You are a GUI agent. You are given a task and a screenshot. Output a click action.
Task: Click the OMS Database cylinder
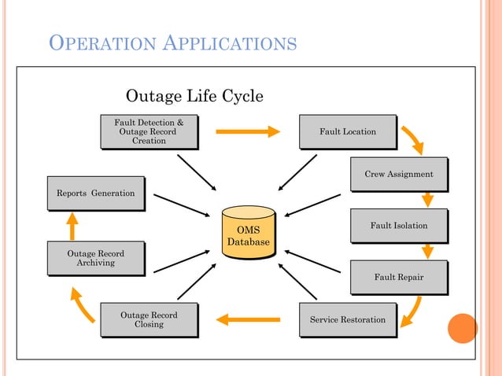(x=249, y=232)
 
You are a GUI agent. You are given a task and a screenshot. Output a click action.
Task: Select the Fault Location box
(x=347, y=131)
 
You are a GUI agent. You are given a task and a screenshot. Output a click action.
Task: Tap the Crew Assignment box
(x=398, y=174)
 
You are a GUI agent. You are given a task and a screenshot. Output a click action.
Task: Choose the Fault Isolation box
(x=398, y=226)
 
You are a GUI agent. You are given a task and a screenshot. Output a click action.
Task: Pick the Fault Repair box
(x=398, y=278)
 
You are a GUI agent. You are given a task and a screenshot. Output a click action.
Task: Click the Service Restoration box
(x=347, y=320)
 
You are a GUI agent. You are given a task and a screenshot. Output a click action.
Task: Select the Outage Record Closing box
(x=149, y=320)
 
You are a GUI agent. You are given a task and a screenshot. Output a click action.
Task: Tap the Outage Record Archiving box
(x=95, y=258)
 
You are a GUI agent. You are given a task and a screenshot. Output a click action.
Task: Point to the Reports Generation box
(x=95, y=194)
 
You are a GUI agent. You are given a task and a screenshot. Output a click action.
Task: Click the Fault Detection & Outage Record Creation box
(x=149, y=131)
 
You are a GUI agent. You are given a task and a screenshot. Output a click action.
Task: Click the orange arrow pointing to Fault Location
(x=247, y=131)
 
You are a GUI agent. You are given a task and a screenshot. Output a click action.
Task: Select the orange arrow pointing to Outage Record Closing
(x=248, y=319)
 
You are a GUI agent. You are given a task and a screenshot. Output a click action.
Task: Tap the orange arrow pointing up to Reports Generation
(x=72, y=226)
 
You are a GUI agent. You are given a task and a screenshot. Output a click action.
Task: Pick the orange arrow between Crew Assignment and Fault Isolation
(x=427, y=199)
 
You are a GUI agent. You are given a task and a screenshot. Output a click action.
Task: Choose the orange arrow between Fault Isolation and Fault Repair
(x=427, y=251)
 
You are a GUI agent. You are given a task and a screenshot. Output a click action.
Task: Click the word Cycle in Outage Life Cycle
(x=240, y=96)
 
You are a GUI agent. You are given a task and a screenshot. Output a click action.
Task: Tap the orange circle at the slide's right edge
(x=463, y=328)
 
